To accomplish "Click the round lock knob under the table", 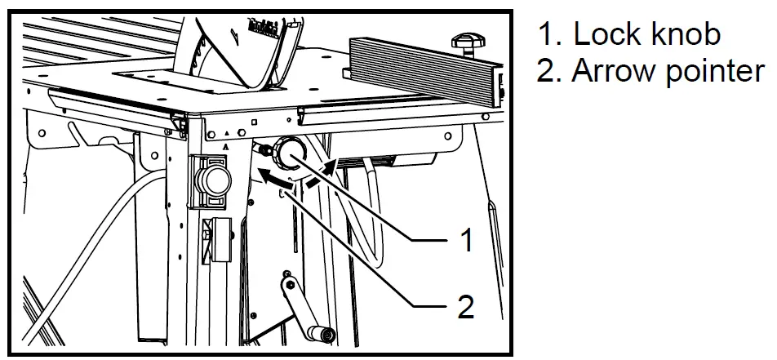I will pyautogui.click(x=289, y=152).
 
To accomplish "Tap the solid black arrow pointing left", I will pyautogui.click(x=276, y=175).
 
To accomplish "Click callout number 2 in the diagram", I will pyautogui.click(x=465, y=307).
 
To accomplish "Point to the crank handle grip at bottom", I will pyautogui.click(x=322, y=331).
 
